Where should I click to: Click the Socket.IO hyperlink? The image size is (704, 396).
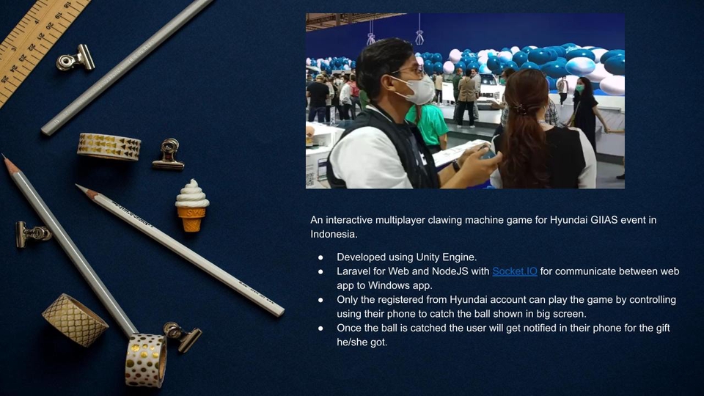514,271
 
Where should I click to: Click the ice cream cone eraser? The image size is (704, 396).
192,205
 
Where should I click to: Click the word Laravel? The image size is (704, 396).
353,271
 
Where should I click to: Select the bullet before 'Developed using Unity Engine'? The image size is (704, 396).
320,257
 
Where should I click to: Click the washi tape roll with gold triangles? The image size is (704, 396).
109,146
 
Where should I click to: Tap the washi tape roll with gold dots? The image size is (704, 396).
145,360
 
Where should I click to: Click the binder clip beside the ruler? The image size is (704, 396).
76,58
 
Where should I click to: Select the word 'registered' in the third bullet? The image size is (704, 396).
403,300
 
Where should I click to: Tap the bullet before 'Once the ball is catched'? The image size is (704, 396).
320,329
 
